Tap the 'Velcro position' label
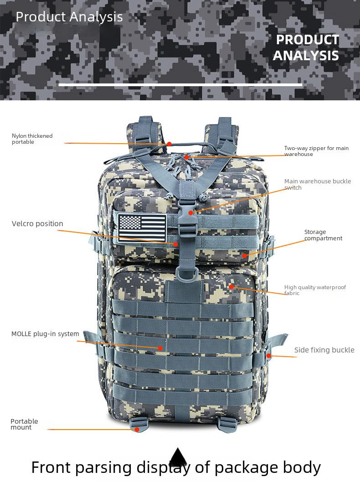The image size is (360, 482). (37, 223)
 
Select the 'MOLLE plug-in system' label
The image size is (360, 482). (45, 334)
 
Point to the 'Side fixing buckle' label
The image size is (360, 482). (324, 350)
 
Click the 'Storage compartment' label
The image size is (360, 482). (323, 235)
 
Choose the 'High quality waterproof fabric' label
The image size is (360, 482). (315, 290)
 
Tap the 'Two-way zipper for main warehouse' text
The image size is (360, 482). (316, 151)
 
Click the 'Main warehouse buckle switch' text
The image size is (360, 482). (317, 184)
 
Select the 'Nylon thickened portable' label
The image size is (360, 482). (32, 139)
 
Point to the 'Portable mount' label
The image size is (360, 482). (24, 424)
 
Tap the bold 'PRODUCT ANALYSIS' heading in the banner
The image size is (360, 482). (307, 47)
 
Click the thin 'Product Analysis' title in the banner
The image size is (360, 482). (69, 17)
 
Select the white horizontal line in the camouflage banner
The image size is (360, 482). (180, 84)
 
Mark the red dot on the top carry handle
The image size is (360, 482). (169, 144)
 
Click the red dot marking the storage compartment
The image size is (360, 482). (244, 255)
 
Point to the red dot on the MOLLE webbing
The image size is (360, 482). (160, 348)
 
